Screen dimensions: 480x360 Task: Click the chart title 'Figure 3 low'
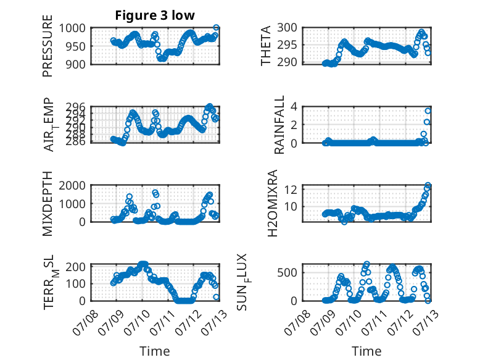pyautogui.click(x=155, y=15)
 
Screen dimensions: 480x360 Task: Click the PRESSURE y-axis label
pyautogui.click(x=48, y=46)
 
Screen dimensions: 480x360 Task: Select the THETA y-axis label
pyautogui.click(x=266, y=46)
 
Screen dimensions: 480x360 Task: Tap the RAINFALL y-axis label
pyautogui.click(x=279, y=125)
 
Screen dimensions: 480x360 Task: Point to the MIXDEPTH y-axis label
pyautogui.click(x=48, y=204)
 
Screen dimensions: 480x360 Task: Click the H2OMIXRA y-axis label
pyautogui.click(x=273, y=203)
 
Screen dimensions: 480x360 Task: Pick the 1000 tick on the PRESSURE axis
pyautogui.click(x=72, y=28)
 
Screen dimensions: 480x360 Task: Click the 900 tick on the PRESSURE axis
pyautogui.click(x=75, y=64)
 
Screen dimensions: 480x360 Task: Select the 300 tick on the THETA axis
pyautogui.click(x=287, y=28)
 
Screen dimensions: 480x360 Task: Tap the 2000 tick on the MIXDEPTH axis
pyautogui.click(x=72, y=185)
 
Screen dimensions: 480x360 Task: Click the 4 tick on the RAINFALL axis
pyautogui.click(x=294, y=107)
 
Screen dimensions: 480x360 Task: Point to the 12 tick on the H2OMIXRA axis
pyautogui.click(x=291, y=190)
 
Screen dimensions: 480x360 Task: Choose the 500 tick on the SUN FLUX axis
pyautogui.click(x=287, y=272)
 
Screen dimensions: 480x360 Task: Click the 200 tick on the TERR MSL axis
pyautogui.click(x=75, y=267)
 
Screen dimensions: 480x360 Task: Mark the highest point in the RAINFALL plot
pyautogui.click(x=428, y=111)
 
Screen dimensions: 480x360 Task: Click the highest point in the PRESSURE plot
pyautogui.click(x=216, y=28)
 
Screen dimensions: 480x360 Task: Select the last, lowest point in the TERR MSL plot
pyautogui.click(x=216, y=297)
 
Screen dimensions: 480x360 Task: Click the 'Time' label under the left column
pyautogui.click(x=155, y=351)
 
